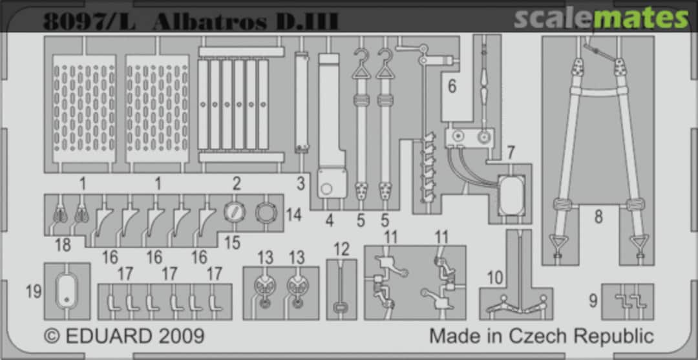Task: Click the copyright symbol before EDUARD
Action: pos(52,336)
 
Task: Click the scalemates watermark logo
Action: pos(601,19)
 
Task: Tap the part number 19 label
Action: pos(34,291)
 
